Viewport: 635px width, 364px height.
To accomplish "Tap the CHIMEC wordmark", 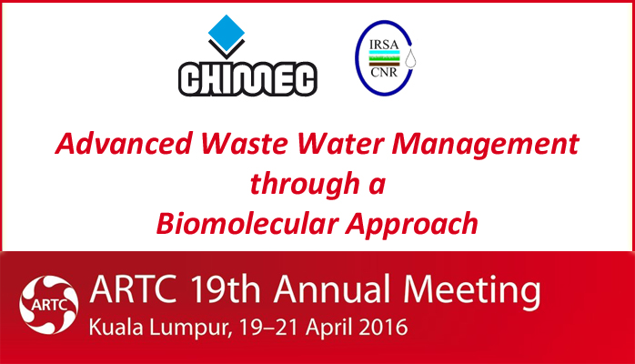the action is [247, 79].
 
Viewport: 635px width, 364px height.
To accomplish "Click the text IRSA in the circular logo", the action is [384, 45].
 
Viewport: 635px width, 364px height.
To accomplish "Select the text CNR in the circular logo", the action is [384, 73].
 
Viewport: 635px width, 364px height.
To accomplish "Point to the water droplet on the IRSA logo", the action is [410, 59].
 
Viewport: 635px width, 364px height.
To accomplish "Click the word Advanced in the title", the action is [124, 144].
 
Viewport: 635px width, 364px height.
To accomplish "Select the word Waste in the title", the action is [245, 144].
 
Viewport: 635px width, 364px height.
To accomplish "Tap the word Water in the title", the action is [340, 144].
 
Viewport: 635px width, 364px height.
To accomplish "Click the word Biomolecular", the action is [247, 223].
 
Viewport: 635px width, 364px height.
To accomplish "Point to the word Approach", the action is [411, 225].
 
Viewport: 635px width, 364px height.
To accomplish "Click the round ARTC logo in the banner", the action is [48, 305].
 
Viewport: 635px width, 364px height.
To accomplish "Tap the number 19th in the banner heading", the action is [226, 289].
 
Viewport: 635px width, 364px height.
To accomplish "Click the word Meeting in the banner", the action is [472, 291].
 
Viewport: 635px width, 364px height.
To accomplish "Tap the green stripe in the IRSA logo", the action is [384, 58].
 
